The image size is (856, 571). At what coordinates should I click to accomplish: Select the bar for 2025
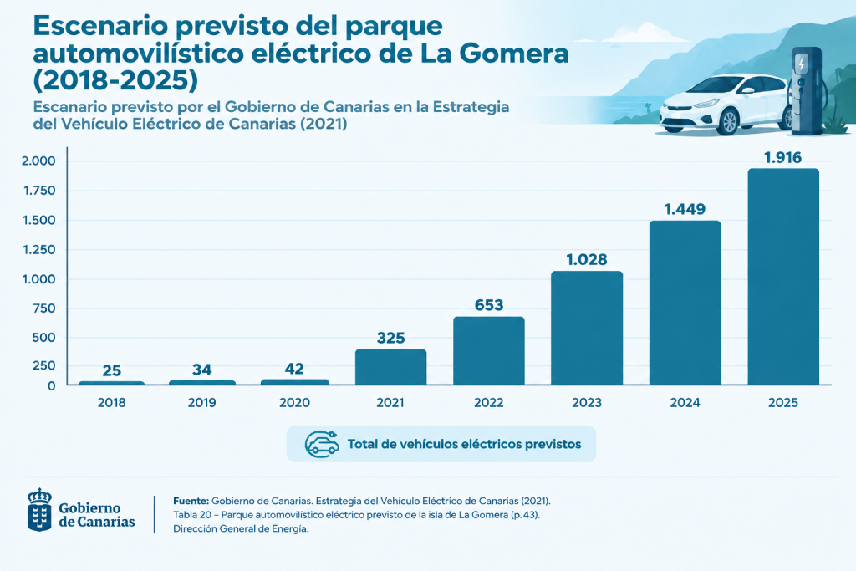pyautogui.click(x=783, y=277)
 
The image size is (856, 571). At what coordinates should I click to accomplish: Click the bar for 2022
pyautogui.click(x=488, y=351)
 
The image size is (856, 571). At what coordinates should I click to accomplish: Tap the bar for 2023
pyautogui.click(x=587, y=328)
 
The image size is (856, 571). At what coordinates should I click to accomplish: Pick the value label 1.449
pyautogui.click(x=685, y=209)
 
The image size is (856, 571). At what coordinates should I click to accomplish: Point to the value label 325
pyautogui.click(x=391, y=338)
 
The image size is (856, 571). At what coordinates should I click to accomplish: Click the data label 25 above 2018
pyautogui.click(x=112, y=370)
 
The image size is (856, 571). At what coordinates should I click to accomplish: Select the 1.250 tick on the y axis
pyautogui.click(x=38, y=249)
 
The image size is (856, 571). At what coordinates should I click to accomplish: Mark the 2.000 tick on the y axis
pyautogui.click(x=38, y=161)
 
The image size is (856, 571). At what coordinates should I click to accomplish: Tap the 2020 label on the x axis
pyautogui.click(x=295, y=403)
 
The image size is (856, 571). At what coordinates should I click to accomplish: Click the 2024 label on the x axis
pyautogui.click(x=685, y=403)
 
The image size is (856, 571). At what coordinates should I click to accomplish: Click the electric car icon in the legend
pyautogui.click(x=322, y=444)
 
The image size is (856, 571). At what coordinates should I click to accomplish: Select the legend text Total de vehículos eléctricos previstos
pyautogui.click(x=465, y=445)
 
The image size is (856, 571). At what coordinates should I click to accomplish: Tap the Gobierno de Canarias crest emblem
pyautogui.click(x=40, y=510)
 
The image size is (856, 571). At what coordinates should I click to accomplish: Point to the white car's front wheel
pyautogui.click(x=726, y=122)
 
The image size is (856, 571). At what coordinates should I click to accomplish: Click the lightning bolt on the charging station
pyautogui.click(x=802, y=63)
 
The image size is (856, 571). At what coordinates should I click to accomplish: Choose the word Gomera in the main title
pyautogui.click(x=514, y=54)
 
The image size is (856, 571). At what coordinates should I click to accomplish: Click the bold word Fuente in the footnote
pyautogui.click(x=191, y=501)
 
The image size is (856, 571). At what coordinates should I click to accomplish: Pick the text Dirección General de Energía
pyautogui.click(x=241, y=528)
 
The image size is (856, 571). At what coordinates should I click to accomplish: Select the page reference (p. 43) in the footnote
pyautogui.click(x=525, y=515)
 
